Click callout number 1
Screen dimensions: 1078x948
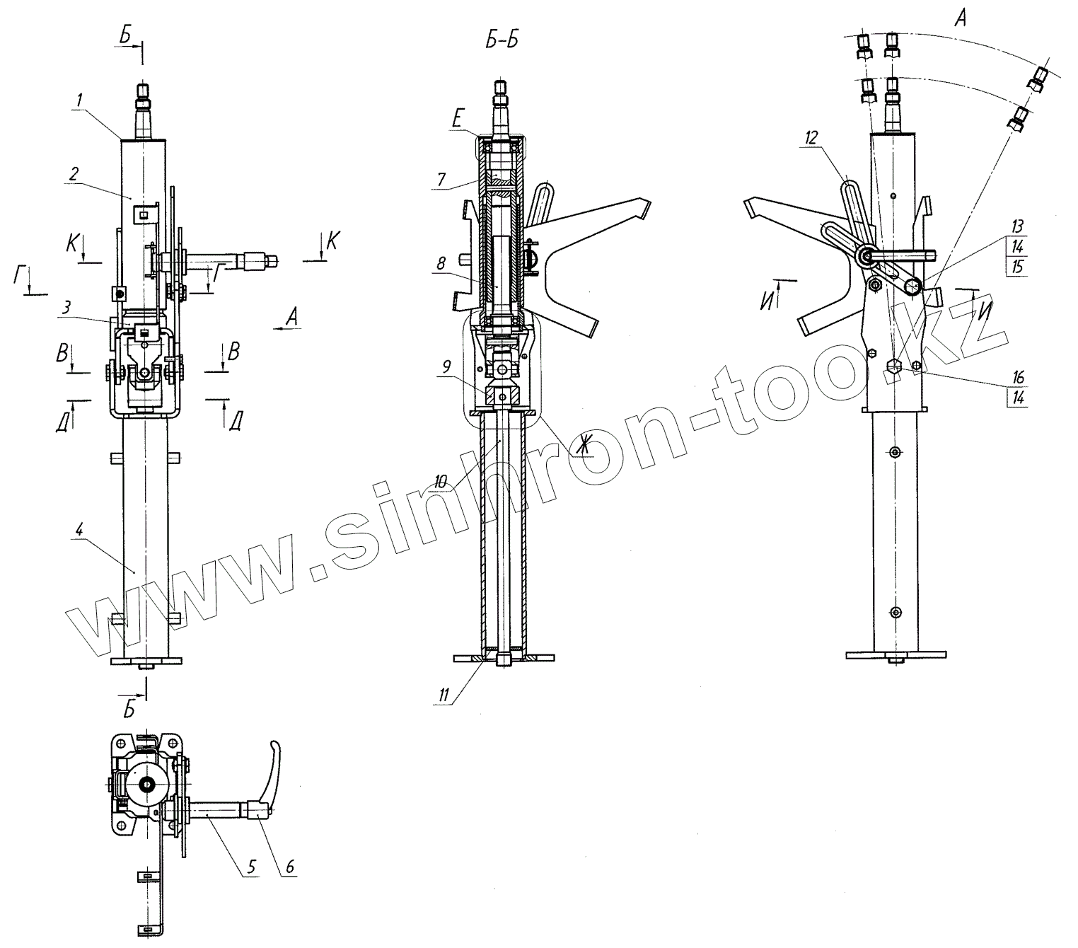click(x=79, y=100)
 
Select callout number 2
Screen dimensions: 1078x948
click(x=74, y=173)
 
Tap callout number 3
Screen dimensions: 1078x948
click(x=67, y=308)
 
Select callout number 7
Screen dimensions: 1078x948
click(x=441, y=180)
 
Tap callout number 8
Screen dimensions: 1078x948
click(x=441, y=263)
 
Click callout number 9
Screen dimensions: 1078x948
click(x=446, y=366)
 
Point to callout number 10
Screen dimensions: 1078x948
click(x=440, y=482)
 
